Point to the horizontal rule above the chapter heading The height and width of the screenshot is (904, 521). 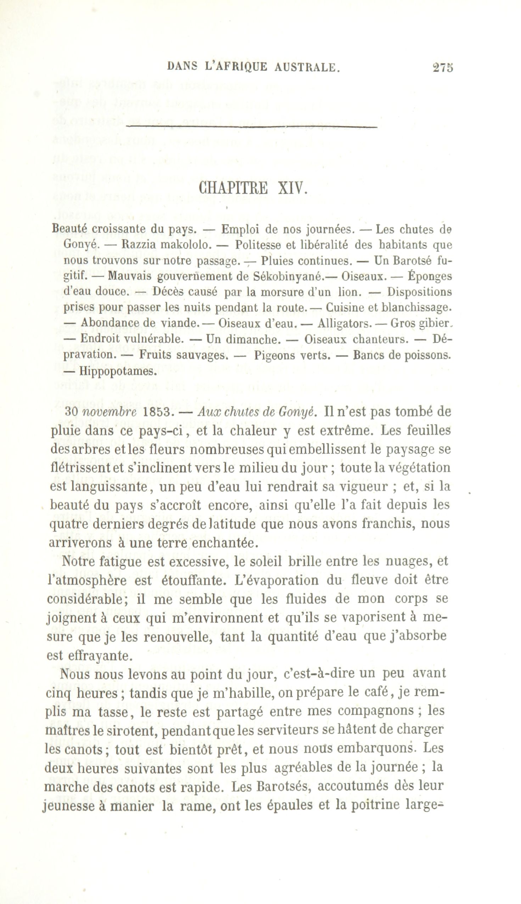pyautogui.click(x=252, y=127)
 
